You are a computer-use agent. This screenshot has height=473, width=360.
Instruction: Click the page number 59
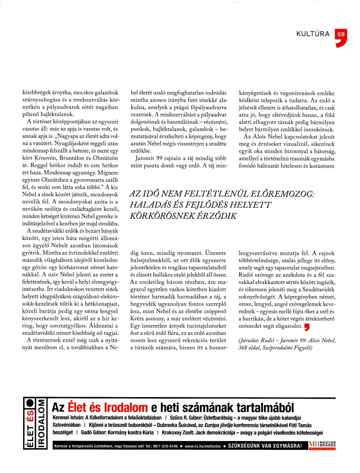pos(341,34)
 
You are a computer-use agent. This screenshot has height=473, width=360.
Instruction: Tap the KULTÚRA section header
pos(313,34)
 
